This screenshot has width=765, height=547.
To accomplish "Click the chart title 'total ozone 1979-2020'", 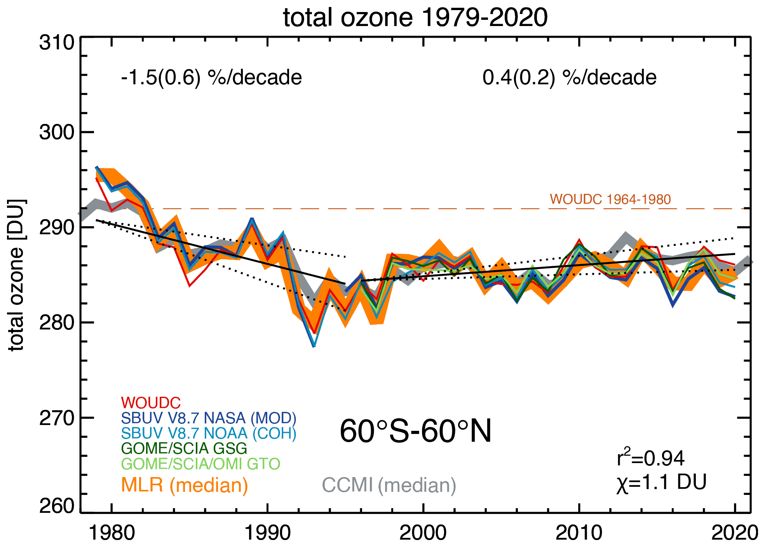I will coord(415,17).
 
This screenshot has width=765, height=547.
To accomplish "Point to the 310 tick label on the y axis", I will coord(57,42).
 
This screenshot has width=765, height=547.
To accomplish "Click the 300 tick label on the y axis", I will coord(57,132).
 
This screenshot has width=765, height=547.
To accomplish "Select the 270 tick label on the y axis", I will coord(57,418).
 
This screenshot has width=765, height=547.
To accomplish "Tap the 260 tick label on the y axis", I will coord(57,506).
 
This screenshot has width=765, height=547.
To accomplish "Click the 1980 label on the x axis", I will coord(112,533).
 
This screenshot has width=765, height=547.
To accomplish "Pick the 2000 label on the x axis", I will coord(423,533).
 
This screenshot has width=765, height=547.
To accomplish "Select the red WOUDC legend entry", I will coord(151,403).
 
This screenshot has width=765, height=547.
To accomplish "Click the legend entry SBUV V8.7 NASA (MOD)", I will coord(209,418).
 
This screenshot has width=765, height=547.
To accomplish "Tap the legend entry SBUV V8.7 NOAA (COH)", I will coord(209,433).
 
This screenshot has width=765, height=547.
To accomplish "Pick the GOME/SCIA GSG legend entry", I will coord(184,448).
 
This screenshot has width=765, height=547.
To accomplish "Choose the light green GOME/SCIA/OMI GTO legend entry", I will coord(200,463).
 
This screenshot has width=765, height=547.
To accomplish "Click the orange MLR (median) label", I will coord(185,485).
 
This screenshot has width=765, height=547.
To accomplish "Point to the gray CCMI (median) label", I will coord(389,485).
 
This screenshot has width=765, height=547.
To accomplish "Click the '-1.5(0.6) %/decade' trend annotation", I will coord(211,77).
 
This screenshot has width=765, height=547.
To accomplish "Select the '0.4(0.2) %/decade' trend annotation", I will coord(569,77).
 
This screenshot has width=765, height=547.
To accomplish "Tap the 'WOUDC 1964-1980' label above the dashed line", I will coord(610,199).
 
